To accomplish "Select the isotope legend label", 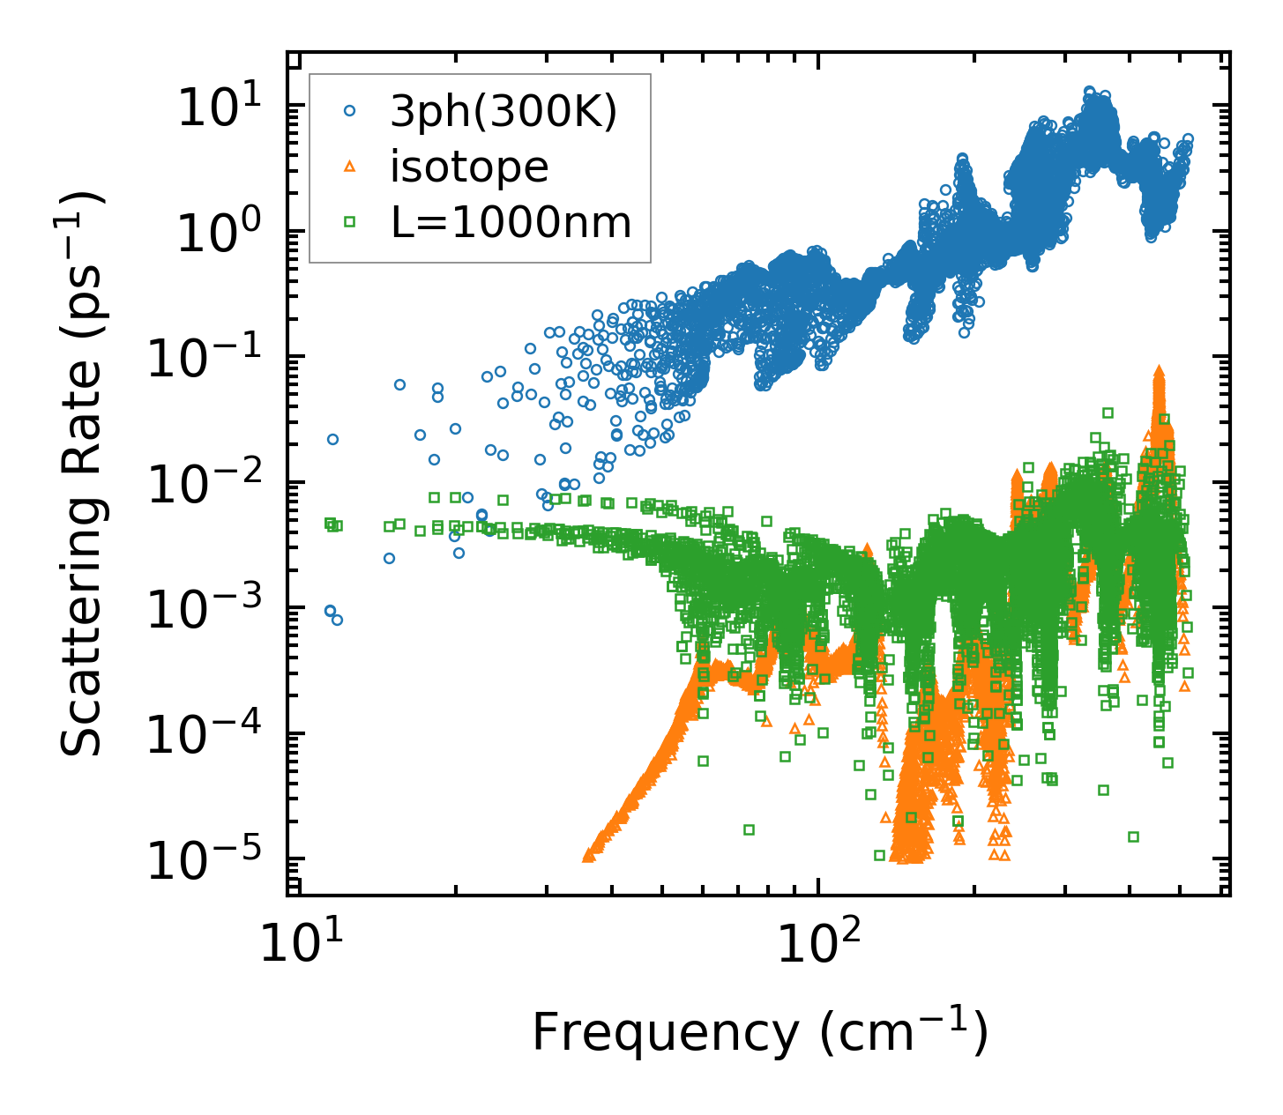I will click(x=469, y=167).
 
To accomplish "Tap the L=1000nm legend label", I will click(x=511, y=223).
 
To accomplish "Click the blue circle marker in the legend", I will click(x=350, y=111).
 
